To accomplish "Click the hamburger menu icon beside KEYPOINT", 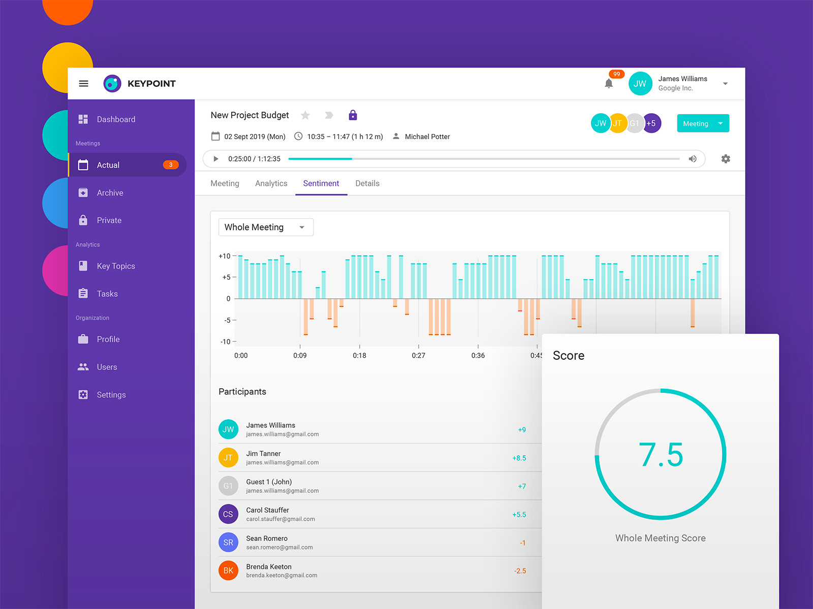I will pyautogui.click(x=84, y=84).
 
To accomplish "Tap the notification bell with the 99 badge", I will pyautogui.click(x=609, y=84).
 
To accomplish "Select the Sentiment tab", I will pyautogui.click(x=321, y=184).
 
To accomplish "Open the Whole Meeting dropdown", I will pyautogui.click(x=266, y=227).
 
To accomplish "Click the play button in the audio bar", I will pyautogui.click(x=216, y=159).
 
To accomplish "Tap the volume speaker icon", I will pyautogui.click(x=692, y=159).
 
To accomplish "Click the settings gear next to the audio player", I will pyautogui.click(x=726, y=159).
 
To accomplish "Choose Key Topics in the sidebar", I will pyautogui.click(x=115, y=266).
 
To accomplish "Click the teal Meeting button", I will pyautogui.click(x=696, y=123).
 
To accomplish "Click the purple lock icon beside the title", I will pyautogui.click(x=353, y=115).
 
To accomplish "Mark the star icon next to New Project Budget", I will pyautogui.click(x=305, y=115).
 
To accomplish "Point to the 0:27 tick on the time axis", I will pyautogui.click(x=418, y=355).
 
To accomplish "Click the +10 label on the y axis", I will pyautogui.click(x=224, y=256).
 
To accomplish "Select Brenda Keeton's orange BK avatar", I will pyautogui.click(x=228, y=570).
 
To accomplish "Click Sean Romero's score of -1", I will pyautogui.click(x=522, y=543).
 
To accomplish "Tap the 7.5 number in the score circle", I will pyautogui.click(x=661, y=454).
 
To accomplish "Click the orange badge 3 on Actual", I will pyautogui.click(x=171, y=165).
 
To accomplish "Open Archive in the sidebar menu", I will pyautogui.click(x=110, y=193).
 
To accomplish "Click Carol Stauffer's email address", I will pyautogui.click(x=280, y=519).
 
